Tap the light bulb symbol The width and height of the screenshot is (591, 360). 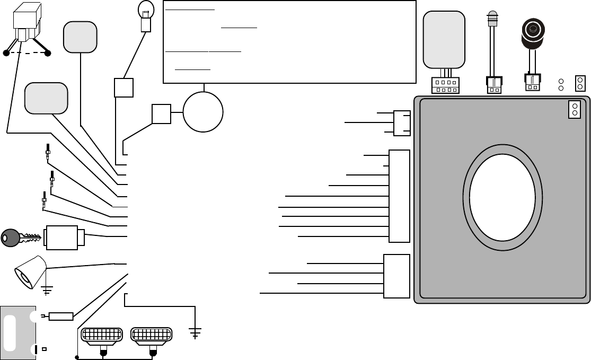(x=146, y=10)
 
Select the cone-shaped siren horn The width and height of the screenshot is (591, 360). (x=30, y=271)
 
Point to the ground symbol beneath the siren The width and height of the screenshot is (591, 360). (x=47, y=289)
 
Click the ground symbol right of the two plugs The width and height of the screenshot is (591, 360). (x=196, y=333)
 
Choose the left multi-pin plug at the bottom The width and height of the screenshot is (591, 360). (x=101, y=335)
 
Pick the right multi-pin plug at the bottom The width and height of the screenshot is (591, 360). (x=152, y=335)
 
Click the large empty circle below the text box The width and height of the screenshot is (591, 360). (x=203, y=112)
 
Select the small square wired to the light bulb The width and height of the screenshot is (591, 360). (x=124, y=87)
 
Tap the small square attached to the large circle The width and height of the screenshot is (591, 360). (x=161, y=114)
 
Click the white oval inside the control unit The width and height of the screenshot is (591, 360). (x=502, y=197)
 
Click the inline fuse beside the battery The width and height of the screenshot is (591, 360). (x=60, y=317)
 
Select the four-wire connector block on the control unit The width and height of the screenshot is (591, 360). (x=396, y=276)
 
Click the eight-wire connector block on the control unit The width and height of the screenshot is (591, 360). (x=399, y=196)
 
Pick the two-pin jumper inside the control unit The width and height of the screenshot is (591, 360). (x=574, y=109)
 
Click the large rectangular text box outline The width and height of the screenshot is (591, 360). (x=289, y=41)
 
